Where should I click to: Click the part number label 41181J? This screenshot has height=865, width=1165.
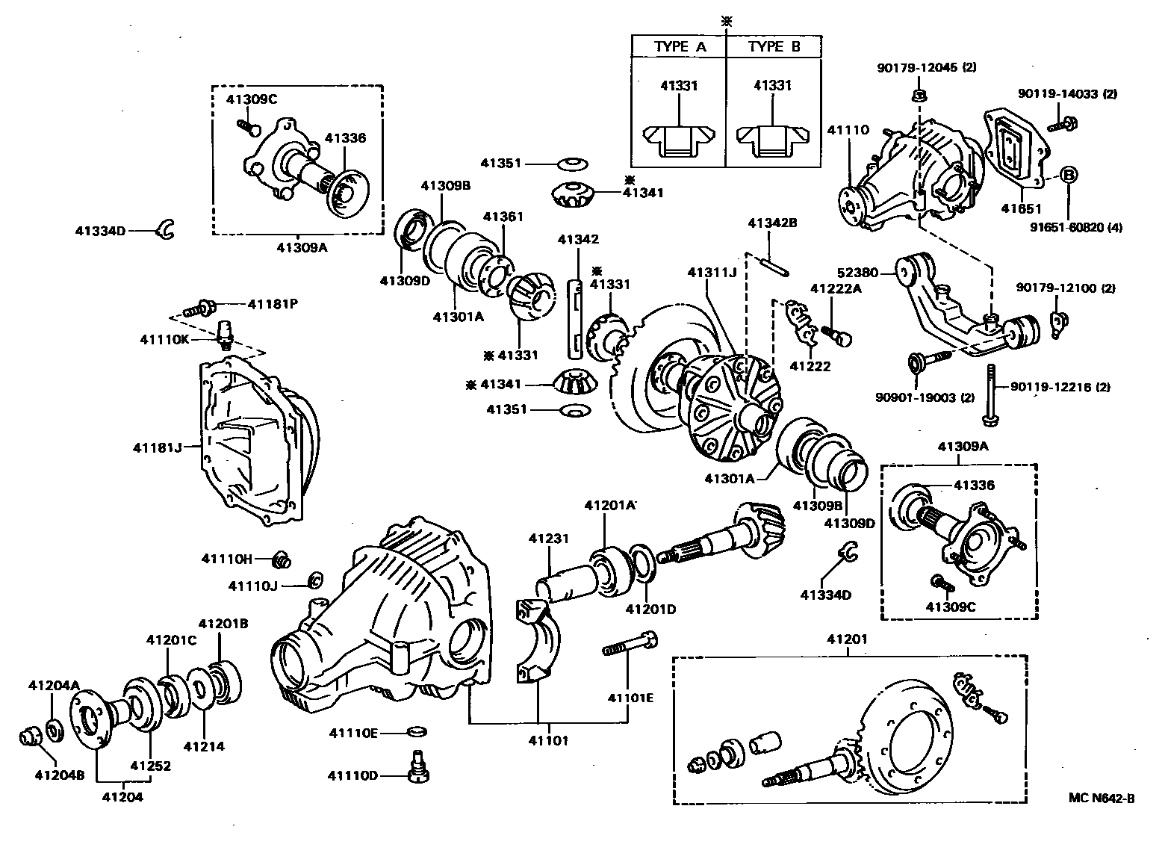coord(157,447)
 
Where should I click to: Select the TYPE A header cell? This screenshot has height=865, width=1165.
coord(680,46)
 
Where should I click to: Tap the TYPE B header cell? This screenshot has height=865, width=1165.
coord(774,46)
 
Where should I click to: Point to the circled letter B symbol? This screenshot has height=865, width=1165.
coord(1069,175)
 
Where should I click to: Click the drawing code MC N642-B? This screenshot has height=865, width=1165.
coord(1101,798)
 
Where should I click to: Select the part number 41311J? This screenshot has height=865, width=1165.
coord(712,273)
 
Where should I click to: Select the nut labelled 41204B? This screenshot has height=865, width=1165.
coord(28,738)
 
